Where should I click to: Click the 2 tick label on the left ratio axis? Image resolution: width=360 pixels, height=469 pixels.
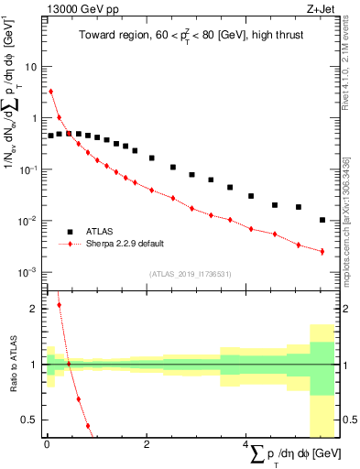[x=35, y=309]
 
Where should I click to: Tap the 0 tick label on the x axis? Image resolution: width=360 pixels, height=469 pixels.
[x=47, y=444]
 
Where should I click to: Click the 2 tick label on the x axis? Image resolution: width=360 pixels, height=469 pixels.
[x=146, y=444]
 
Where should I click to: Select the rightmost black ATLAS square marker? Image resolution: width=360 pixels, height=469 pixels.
[x=322, y=220]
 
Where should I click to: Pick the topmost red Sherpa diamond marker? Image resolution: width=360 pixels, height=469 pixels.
[x=51, y=92]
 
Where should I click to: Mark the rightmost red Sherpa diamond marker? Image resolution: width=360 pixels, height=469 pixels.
[x=322, y=251]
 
